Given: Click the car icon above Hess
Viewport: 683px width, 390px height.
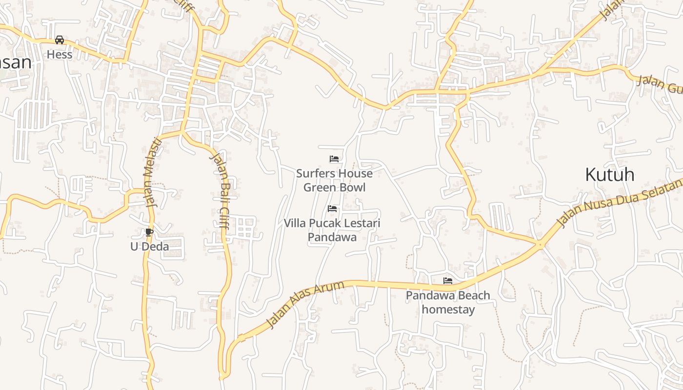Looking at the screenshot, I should [x=60, y=40].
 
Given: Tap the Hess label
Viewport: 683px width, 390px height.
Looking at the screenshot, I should [x=60, y=55].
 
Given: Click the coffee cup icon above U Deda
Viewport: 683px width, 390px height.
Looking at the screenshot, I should [x=149, y=232].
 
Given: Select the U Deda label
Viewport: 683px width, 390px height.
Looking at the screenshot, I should [x=149, y=247].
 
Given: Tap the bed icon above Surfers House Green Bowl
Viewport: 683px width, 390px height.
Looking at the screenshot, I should [x=334, y=159].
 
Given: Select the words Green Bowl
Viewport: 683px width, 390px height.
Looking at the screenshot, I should [x=334, y=187].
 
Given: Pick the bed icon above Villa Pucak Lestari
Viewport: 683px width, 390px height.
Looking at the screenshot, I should [x=332, y=209].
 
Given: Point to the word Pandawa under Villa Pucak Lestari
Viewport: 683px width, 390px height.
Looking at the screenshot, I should [x=332, y=237].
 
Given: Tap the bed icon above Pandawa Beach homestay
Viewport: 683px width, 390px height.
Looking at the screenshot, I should [x=448, y=281].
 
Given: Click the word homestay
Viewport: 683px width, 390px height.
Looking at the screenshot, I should [x=448, y=309].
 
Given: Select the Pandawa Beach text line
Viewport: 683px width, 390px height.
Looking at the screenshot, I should [x=448, y=295].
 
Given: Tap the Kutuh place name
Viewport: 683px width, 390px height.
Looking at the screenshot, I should [x=609, y=175].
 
